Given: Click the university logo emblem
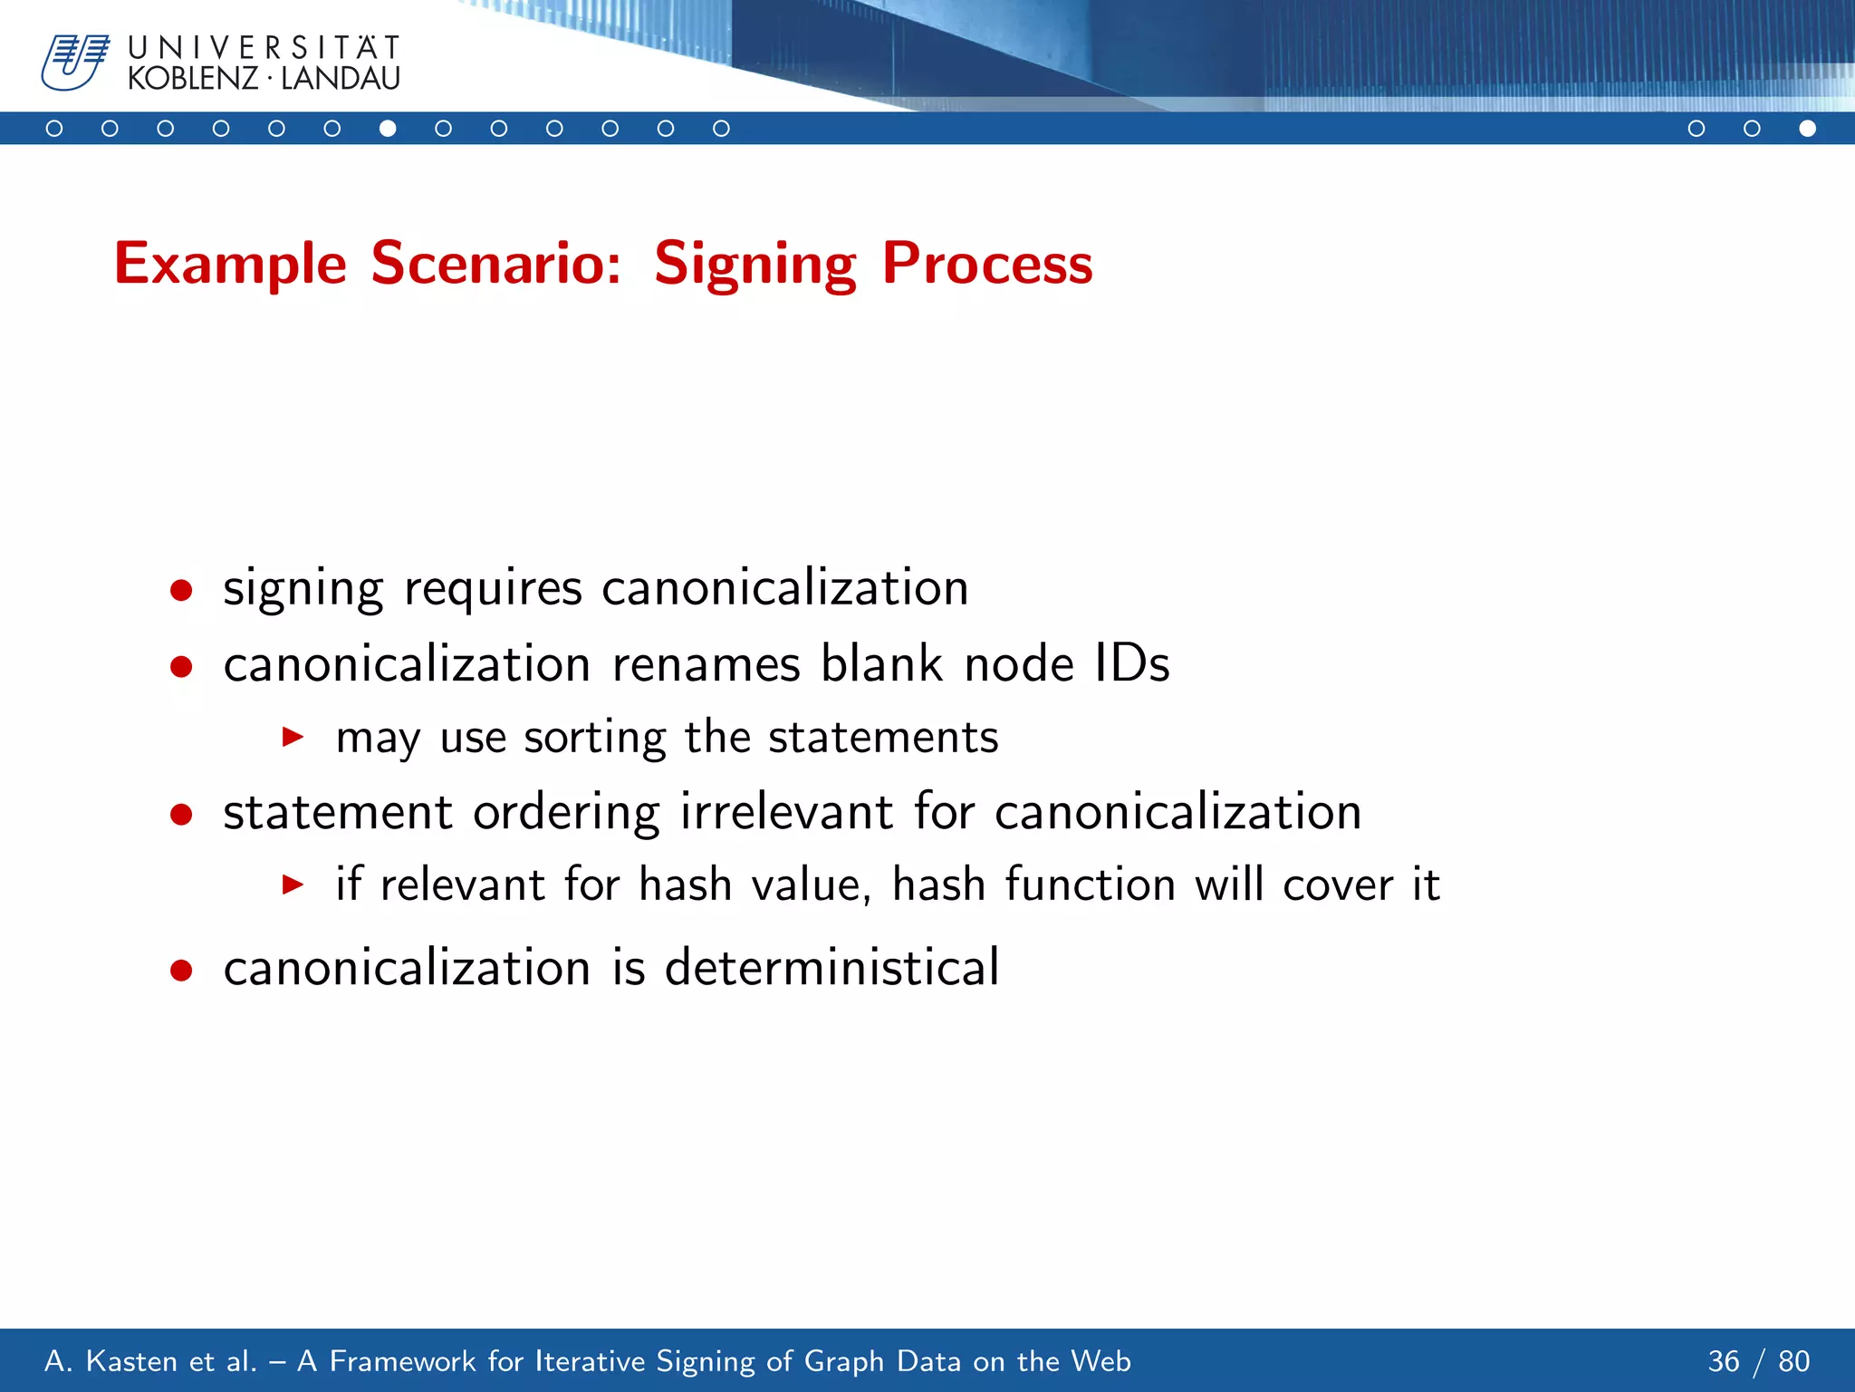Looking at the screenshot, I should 74,63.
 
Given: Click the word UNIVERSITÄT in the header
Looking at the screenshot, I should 264,48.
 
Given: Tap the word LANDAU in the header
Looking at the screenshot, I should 341,79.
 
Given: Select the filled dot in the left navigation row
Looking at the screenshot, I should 388,129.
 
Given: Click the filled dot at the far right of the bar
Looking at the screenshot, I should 1807,129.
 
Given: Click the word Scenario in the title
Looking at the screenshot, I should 495,264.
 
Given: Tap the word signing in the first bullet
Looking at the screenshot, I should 303,589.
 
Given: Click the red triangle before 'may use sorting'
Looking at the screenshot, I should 293,737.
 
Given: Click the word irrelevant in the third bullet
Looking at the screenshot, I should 786,811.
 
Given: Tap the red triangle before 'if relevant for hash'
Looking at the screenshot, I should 293,884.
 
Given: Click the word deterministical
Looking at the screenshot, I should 831,967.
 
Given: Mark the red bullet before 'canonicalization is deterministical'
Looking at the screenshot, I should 181,971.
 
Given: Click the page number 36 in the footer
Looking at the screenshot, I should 1723,1361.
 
